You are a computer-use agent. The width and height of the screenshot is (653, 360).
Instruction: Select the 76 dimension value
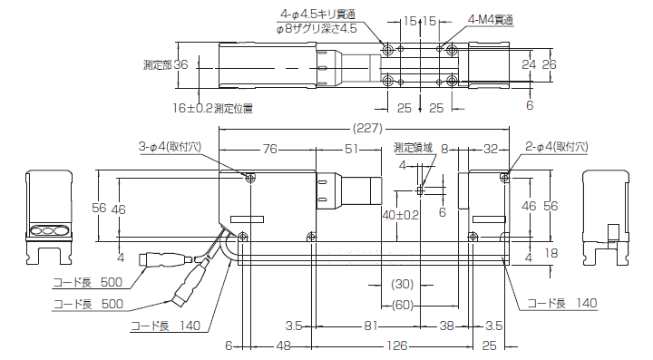(269, 149)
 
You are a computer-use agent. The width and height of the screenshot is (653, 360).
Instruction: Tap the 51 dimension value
(352, 149)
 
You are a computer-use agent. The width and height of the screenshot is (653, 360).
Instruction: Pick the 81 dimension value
(371, 325)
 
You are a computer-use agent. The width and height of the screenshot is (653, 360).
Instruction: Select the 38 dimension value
(447, 325)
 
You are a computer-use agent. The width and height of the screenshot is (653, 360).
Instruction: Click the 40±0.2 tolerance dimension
(400, 215)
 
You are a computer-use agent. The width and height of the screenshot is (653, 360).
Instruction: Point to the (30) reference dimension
(402, 284)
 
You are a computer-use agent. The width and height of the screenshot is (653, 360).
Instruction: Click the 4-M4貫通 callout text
(491, 19)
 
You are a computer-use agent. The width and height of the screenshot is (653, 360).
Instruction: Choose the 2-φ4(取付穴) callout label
(557, 146)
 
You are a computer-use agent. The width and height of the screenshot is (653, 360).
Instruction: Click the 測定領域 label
(413, 147)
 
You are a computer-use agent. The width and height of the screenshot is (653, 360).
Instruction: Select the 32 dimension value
(491, 149)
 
